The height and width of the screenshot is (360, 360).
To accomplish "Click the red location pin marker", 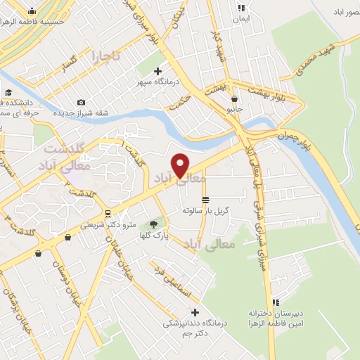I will pos(181,165).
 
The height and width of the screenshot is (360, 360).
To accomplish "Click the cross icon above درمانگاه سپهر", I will pos(158,71).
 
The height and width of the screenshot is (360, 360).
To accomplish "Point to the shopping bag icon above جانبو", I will pos(233,100).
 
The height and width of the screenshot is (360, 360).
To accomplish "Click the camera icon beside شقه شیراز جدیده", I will pos(81,103).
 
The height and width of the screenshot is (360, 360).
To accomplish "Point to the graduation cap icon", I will pos(8,92).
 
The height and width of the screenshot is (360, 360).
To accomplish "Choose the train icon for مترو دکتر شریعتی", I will pos(107,213).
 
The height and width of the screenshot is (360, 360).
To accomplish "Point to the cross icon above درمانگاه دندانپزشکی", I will pos(195,311).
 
